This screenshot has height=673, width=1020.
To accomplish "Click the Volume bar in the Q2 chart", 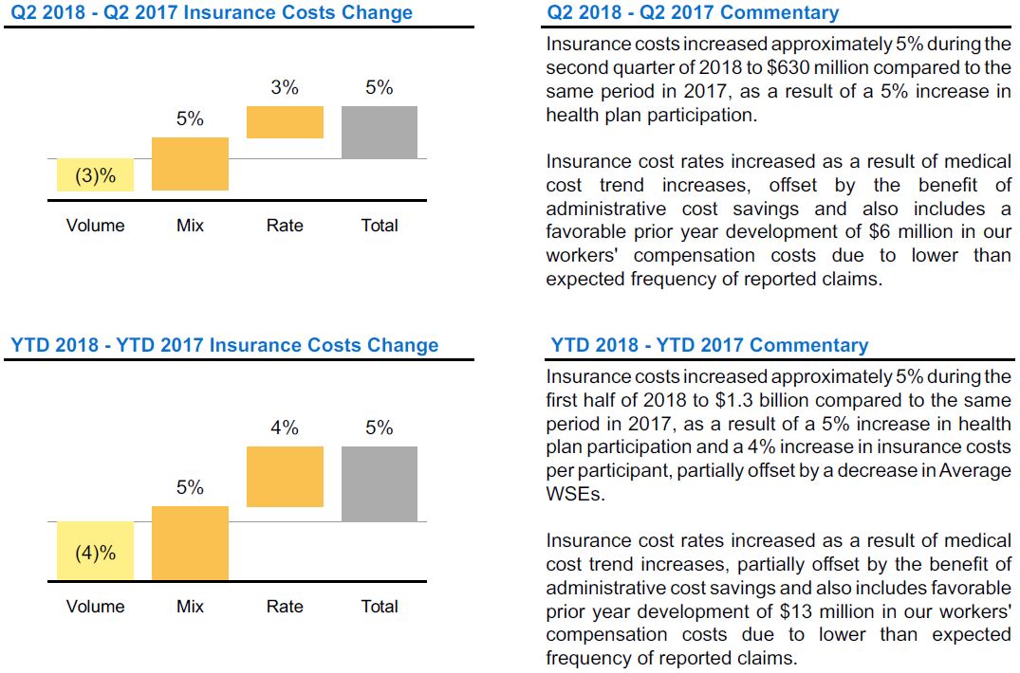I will [95, 175].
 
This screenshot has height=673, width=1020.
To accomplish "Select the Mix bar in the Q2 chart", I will [190, 164].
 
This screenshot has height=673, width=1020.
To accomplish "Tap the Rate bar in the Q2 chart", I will [285, 122].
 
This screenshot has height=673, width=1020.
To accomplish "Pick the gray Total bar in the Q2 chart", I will [380, 132].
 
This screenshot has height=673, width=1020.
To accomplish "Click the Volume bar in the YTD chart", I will [95, 551].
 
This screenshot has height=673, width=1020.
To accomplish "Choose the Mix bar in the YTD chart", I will [190, 543].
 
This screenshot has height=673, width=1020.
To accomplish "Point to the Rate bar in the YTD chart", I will [285, 477].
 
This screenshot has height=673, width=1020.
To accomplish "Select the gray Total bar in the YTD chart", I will [380, 483].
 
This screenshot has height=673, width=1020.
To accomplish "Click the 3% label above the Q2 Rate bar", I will [285, 87].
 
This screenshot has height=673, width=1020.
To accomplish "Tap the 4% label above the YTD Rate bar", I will [285, 428].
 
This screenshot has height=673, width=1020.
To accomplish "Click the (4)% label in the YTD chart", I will [95, 553].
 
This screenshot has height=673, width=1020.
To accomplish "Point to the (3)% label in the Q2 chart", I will [95, 176].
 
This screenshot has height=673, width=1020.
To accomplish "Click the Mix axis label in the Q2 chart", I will [190, 226].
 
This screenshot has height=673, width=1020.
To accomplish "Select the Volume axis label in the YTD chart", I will [95, 607].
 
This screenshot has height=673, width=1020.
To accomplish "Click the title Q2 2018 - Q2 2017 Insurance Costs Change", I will [212, 13].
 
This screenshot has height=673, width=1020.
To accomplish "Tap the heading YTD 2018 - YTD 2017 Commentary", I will [709, 346].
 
